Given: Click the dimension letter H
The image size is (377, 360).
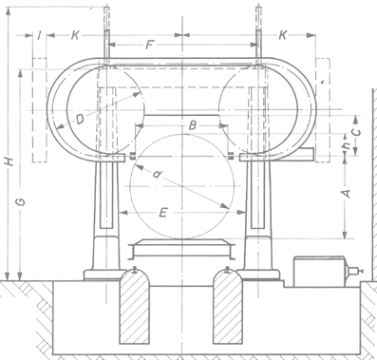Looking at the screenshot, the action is click(x=10, y=161).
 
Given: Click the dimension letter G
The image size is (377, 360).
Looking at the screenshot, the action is click(x=21, y=201).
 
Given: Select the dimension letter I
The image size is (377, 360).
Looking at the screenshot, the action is click(x=39, y=35).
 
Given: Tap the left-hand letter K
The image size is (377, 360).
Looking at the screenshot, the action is click(x=74, y=35).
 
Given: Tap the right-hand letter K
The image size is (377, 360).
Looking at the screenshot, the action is click(x=283, y=35).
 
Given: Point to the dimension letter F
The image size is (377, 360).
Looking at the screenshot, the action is click(x=149, y=46).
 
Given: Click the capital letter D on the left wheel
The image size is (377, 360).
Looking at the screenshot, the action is click(x=80, y=120).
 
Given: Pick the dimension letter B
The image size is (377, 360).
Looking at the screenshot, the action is click(x=192, y=125).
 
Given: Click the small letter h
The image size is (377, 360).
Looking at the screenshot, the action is click(x=348, y=145).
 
